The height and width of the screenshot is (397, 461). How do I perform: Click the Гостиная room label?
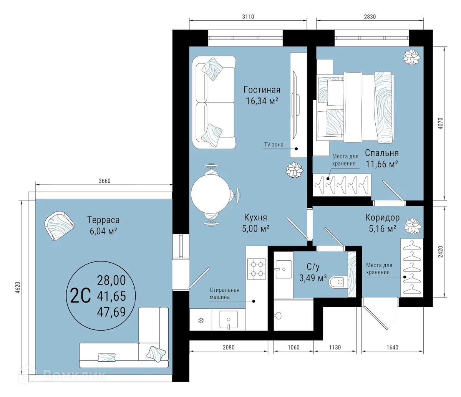(262, 90)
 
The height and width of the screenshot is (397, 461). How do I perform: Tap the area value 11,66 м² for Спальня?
(381, 164)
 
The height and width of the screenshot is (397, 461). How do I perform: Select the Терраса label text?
(103, 220)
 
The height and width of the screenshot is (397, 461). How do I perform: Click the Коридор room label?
(382, 218)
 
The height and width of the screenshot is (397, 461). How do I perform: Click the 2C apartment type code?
(81, 296)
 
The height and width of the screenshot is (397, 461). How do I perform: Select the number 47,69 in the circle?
(111, 311)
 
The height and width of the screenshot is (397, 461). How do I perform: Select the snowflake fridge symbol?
(200, 321)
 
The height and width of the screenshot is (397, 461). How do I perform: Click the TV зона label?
(274, 145)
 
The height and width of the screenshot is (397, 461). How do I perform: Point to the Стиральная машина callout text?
(224, 293)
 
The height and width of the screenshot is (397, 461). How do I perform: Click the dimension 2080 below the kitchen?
(228, 347)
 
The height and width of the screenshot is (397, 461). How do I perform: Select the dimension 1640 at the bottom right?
(393, 347)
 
